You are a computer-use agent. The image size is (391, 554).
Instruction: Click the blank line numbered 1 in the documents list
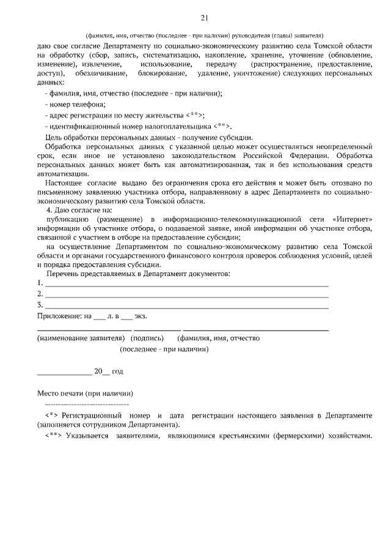[x=187, y=283]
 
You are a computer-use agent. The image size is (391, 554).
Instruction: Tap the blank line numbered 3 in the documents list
[x=187, y=304]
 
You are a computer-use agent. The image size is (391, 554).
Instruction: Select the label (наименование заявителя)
[x=81, y=338]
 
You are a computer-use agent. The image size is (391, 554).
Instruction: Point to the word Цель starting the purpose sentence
[x=55, y=137]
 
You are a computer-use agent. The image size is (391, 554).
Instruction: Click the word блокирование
[x=180, y=73]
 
